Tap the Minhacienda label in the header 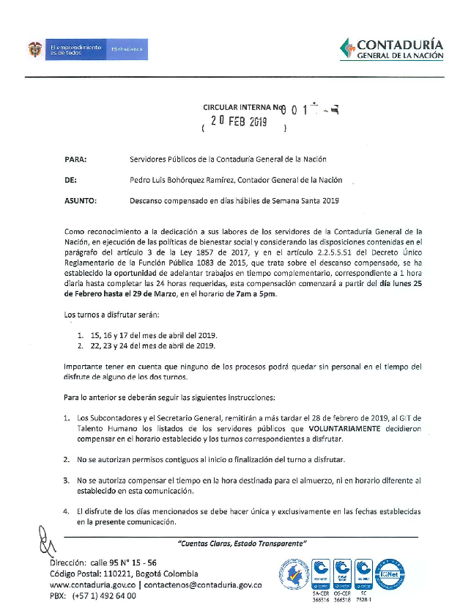tap(127, 50)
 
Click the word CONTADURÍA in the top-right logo tap(401, 45)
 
